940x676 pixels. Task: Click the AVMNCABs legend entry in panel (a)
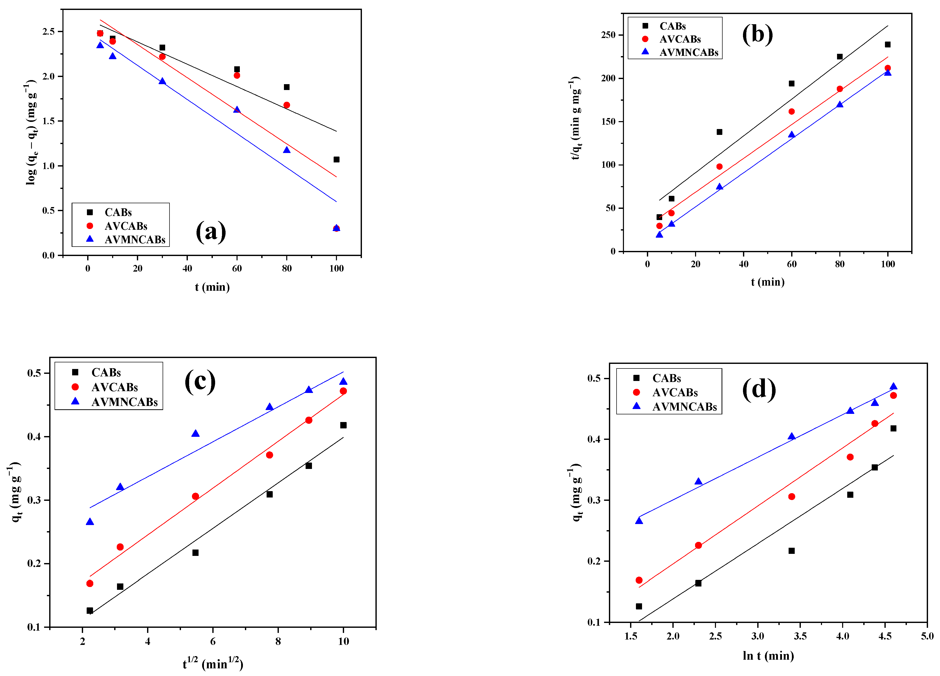135,240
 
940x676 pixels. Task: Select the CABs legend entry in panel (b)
672,26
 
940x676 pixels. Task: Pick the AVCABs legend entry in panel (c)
114,387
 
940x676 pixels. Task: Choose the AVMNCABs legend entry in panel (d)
684,407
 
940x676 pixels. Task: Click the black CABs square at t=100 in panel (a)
336,160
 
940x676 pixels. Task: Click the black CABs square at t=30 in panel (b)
720,132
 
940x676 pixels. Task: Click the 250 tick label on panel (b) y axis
608,35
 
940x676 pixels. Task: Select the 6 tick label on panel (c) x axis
213,642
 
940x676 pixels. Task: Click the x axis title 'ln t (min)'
768,656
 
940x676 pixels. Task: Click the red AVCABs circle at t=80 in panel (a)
287,105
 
